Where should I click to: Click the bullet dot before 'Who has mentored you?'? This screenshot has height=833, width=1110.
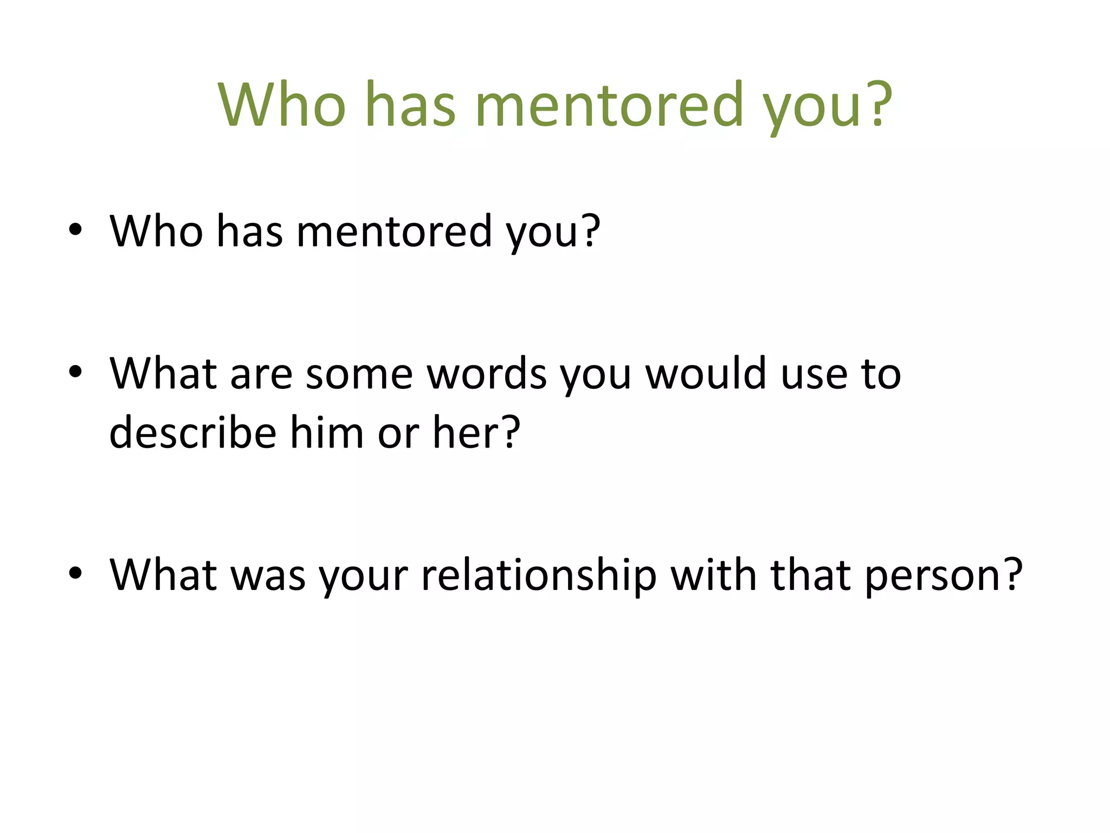(75, 230)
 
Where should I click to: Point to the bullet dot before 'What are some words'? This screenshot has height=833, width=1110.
(75, 373)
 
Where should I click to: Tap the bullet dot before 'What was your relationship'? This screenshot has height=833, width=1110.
(75, 573)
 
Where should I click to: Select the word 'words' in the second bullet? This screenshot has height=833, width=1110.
(487, 374)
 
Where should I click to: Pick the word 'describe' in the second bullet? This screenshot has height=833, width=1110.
(193, 432)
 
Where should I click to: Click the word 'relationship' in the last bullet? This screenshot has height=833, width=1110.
(539, 574)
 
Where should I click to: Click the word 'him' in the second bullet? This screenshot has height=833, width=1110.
(327, 432)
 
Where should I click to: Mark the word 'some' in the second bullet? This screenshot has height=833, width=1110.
(359, 374)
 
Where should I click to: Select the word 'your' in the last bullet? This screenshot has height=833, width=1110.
(363, 574)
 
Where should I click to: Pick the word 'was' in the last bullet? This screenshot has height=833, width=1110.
(268, 574)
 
